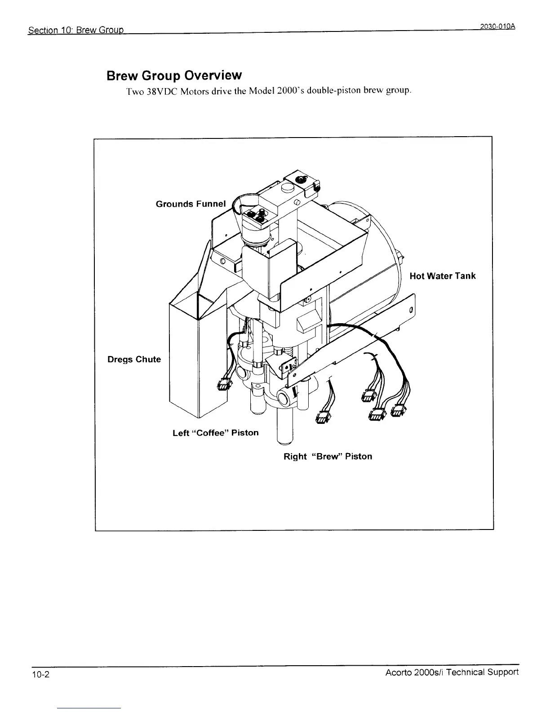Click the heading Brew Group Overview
click(x=174, y=76)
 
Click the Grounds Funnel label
click(x=191, y=204)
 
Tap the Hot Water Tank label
click(x=442, y=276)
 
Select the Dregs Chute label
click(x=134, y=359)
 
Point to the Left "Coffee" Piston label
click(x=215, y=433)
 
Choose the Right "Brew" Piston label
click(x=328, y=457)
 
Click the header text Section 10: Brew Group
click(x=75, y=31)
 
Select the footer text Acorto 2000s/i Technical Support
click(x=452, y=672)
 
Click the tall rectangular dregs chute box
click(x=184, y=360)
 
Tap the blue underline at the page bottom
click(x=89, y=708)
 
